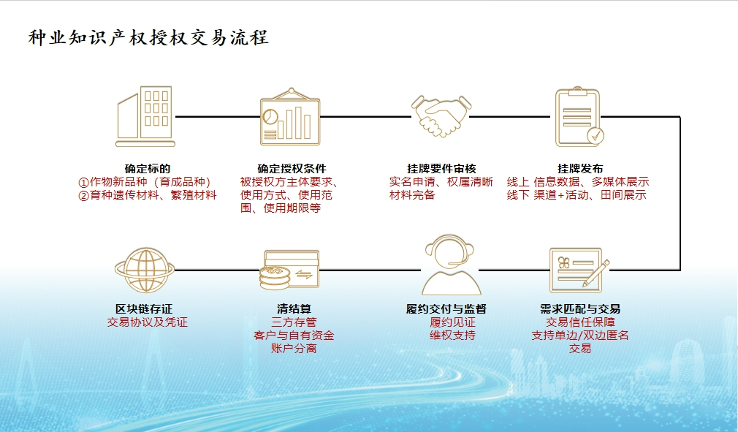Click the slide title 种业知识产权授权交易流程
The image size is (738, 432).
pyautogui.click(x=148, y=38)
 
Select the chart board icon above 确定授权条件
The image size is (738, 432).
pyautogui.click(x=290, y=115)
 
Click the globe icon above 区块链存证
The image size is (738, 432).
pyautogui.click(x=145, y=270)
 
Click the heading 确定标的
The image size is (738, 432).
pyautogui.click(x=148, y=169)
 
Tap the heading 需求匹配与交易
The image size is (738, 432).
pyautogui.click(x=580, y=308)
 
